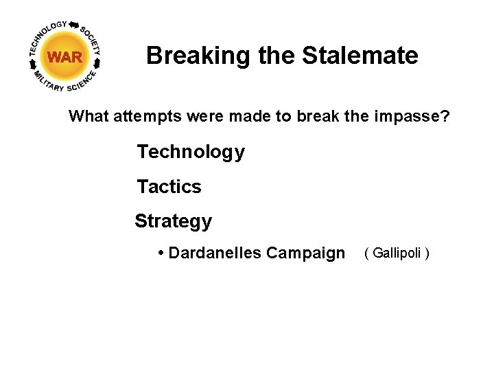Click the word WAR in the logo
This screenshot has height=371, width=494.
(x=65, y=57)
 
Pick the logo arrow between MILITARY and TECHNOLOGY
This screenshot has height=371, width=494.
(x=32, y=63)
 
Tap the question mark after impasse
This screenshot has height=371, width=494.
(x=445, y=117)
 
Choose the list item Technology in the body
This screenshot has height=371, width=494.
(x=191, y=152)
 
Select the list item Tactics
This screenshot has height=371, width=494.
(x=169, y=187)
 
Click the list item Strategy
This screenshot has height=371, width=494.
(x=174, y=221)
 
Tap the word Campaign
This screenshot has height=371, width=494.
(x=306, y=254)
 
